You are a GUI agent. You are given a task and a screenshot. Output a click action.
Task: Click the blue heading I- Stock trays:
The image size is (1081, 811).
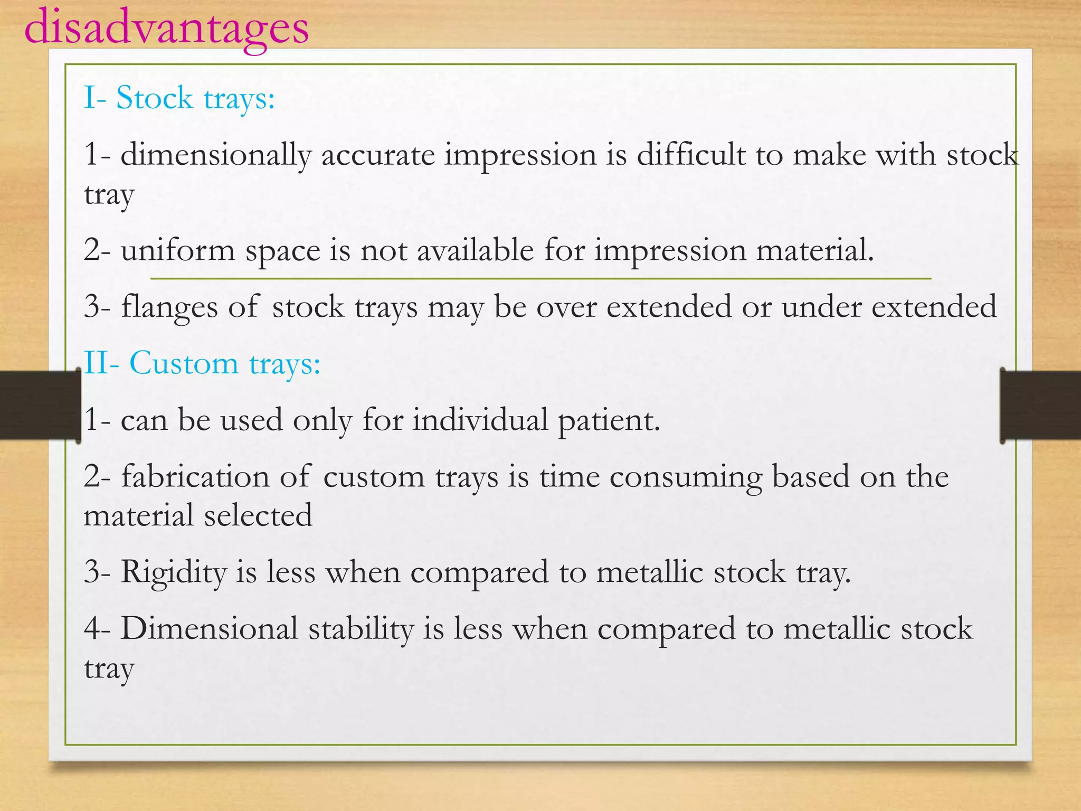point(179,98)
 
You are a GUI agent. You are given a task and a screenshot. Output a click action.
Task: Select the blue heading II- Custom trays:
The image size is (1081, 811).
point(202,364)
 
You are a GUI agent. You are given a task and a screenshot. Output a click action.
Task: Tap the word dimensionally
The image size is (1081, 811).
point(216,156)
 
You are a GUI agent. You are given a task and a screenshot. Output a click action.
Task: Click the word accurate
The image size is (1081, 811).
point(378,156)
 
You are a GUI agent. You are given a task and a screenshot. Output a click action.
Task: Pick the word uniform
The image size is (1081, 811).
point(178,250)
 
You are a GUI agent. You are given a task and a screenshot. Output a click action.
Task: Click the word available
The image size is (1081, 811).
point(476,250)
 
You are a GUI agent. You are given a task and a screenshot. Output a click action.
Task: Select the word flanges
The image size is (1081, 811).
point(169,307)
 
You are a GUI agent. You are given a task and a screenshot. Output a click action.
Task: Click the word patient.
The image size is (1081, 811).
point(609,421)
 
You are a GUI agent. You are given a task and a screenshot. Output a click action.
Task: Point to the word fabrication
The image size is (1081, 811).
point(196,477)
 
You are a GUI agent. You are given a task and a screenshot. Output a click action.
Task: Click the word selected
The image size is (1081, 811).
point(258,516)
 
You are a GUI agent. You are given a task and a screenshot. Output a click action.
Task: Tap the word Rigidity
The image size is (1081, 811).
point(174,573)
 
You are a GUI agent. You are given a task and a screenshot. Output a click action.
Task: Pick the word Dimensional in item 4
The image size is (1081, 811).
point(210,629)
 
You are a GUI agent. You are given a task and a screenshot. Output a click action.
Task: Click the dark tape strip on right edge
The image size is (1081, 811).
point(1040,405)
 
